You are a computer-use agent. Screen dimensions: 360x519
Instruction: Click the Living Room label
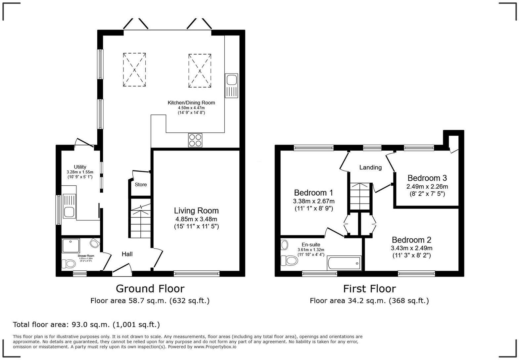coord(196,211)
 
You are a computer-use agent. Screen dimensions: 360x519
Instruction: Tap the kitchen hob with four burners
coord(195,140)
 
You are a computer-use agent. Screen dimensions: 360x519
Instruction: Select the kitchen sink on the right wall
coord(231,85)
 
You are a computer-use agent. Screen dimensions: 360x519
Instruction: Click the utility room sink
coord(69,207)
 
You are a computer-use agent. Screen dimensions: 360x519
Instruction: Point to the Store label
coord(141,185)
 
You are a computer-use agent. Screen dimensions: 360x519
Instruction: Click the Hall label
coord(127,254)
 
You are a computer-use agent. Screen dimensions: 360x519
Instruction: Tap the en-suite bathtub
coord(344,263)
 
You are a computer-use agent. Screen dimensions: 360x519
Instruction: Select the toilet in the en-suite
coord(290,260)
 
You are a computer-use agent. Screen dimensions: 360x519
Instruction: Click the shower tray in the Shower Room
coord(71,246)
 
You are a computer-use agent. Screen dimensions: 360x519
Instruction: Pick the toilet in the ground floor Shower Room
coord(69,264)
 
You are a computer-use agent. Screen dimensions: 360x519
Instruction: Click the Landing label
coord(370,167)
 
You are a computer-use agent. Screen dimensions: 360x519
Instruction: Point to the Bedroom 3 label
coord(427,178)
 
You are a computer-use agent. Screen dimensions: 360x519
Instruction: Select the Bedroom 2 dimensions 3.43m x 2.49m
coord(411,248)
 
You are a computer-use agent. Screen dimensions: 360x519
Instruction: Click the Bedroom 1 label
coord(313,193)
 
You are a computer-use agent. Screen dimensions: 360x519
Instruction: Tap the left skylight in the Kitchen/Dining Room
coord(134,70)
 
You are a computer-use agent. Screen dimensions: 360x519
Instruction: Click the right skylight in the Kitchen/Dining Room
coord(200,71)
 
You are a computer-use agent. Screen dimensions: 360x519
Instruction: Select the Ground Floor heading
coord(150,289)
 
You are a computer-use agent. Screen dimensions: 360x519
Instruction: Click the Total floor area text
coord(86,324)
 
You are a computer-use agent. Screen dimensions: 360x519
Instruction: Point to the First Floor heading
coord(369,289)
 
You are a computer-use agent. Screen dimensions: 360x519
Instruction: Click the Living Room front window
coord(197,273)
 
